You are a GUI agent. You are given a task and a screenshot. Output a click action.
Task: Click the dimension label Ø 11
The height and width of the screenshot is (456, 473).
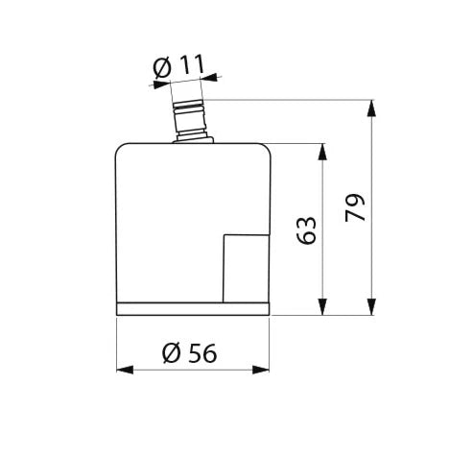pyautogui.click(x=178, y=67)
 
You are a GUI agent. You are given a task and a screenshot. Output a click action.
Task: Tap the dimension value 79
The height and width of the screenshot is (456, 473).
pyautogui.click(x=355, y=207)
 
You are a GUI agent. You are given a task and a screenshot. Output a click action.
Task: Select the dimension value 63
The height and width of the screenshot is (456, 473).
pyautogui.click(x=306, y=230)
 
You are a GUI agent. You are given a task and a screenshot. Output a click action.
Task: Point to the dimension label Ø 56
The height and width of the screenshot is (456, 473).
pyautogui.click(x=189, y=353)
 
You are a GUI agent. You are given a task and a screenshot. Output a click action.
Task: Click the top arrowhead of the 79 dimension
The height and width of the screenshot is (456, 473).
pyautogui.click(x=371, y=108)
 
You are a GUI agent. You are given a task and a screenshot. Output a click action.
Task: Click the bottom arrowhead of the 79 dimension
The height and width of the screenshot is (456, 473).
pyautogui.click(x=371, y=306)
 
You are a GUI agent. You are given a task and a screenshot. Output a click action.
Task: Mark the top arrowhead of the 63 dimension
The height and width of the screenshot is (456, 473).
pyautogui.click(x=323, y=152)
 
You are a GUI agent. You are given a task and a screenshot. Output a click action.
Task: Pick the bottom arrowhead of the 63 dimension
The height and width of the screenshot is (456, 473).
pyautogui.click(x=323, y=306)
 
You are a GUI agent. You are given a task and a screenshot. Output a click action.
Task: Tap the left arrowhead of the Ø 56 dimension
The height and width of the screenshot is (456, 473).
pyautogui.click(x=125, y=370)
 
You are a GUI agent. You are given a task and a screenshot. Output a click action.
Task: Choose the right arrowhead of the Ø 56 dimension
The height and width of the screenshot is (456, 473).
pyautogui.click(x=261, y=370)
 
